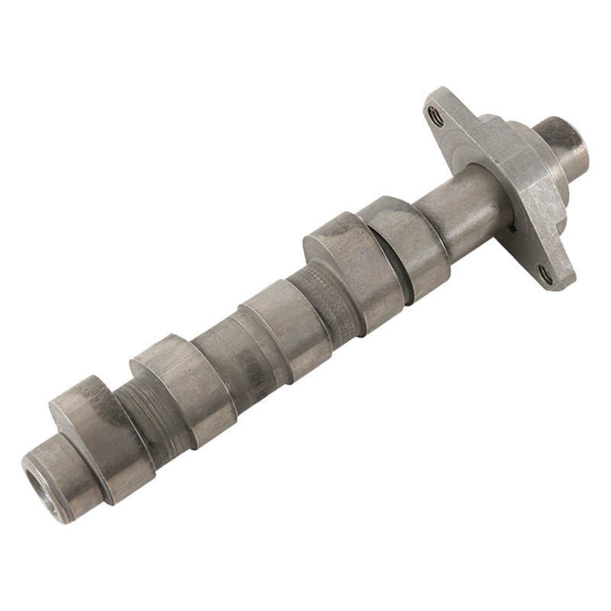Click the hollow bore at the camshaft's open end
(x=40, y=482)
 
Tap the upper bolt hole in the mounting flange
(x=437, y=115)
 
